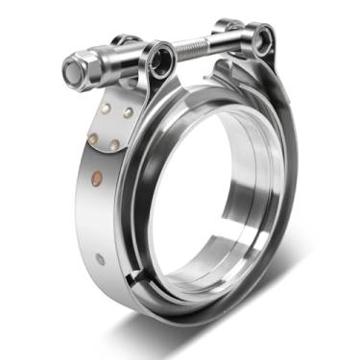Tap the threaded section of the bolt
click(197, 46)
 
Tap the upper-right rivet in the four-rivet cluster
click(127, 112)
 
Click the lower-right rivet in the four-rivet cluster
click(114, 145)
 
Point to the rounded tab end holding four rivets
click(108, 125)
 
